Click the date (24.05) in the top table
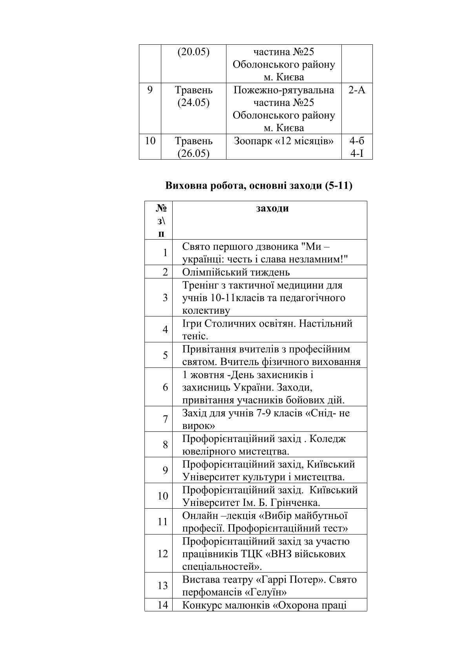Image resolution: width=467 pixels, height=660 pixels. (193, 103)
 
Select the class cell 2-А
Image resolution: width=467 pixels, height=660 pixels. (356, 90)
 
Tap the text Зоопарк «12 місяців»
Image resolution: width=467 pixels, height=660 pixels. (283, 141)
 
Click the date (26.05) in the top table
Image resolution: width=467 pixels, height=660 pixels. (193, 153)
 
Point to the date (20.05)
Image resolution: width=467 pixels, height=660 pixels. (193, 52)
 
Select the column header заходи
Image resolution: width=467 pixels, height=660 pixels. (272, 208)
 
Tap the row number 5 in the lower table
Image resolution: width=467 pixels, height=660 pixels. (165, 355)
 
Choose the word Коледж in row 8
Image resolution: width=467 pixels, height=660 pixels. (328, 439)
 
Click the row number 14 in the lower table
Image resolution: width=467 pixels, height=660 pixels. (163, 605)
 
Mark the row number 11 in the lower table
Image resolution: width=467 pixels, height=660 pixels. (163, 522)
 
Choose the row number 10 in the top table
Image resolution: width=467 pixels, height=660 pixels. (150, 141)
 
